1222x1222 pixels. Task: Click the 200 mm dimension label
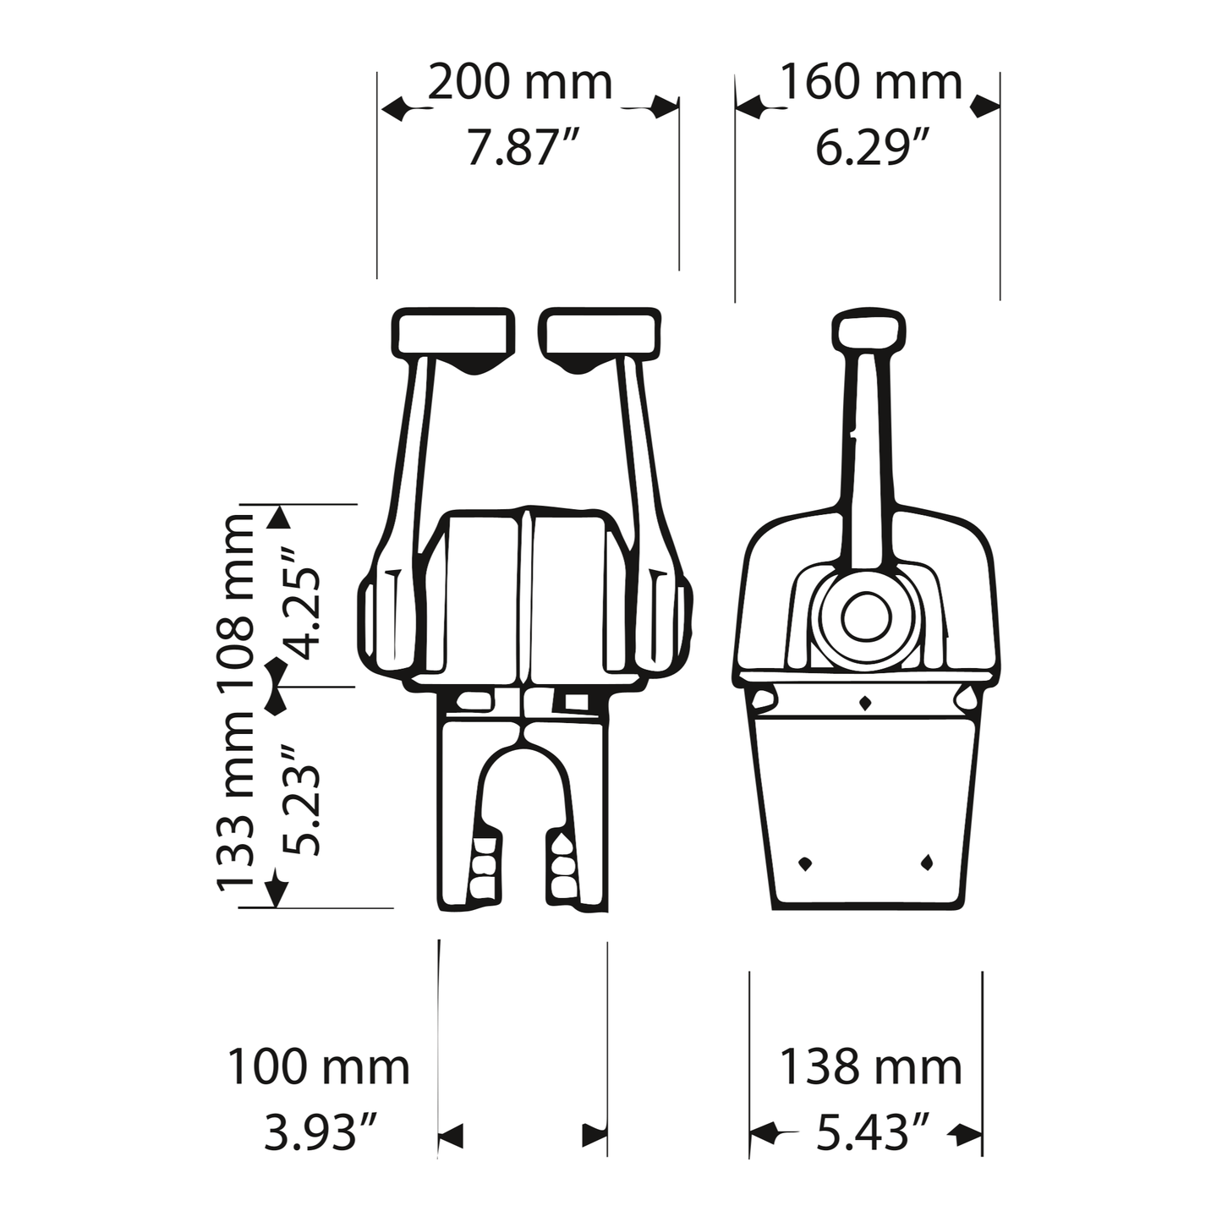pyautogui.click(x=520, y=82)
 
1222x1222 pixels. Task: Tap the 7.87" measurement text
pyautogui.click(x=523, y=147)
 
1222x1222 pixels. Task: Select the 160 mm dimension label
pyautogui.click(x=871, y=82)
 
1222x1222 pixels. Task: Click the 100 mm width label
pyautogui.click(x=318, y=1068)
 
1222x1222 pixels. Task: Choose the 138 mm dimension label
pyautogui.click(x=871, y=1068)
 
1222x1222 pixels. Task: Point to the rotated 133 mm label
pyautogui.click(x=236, y=803)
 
